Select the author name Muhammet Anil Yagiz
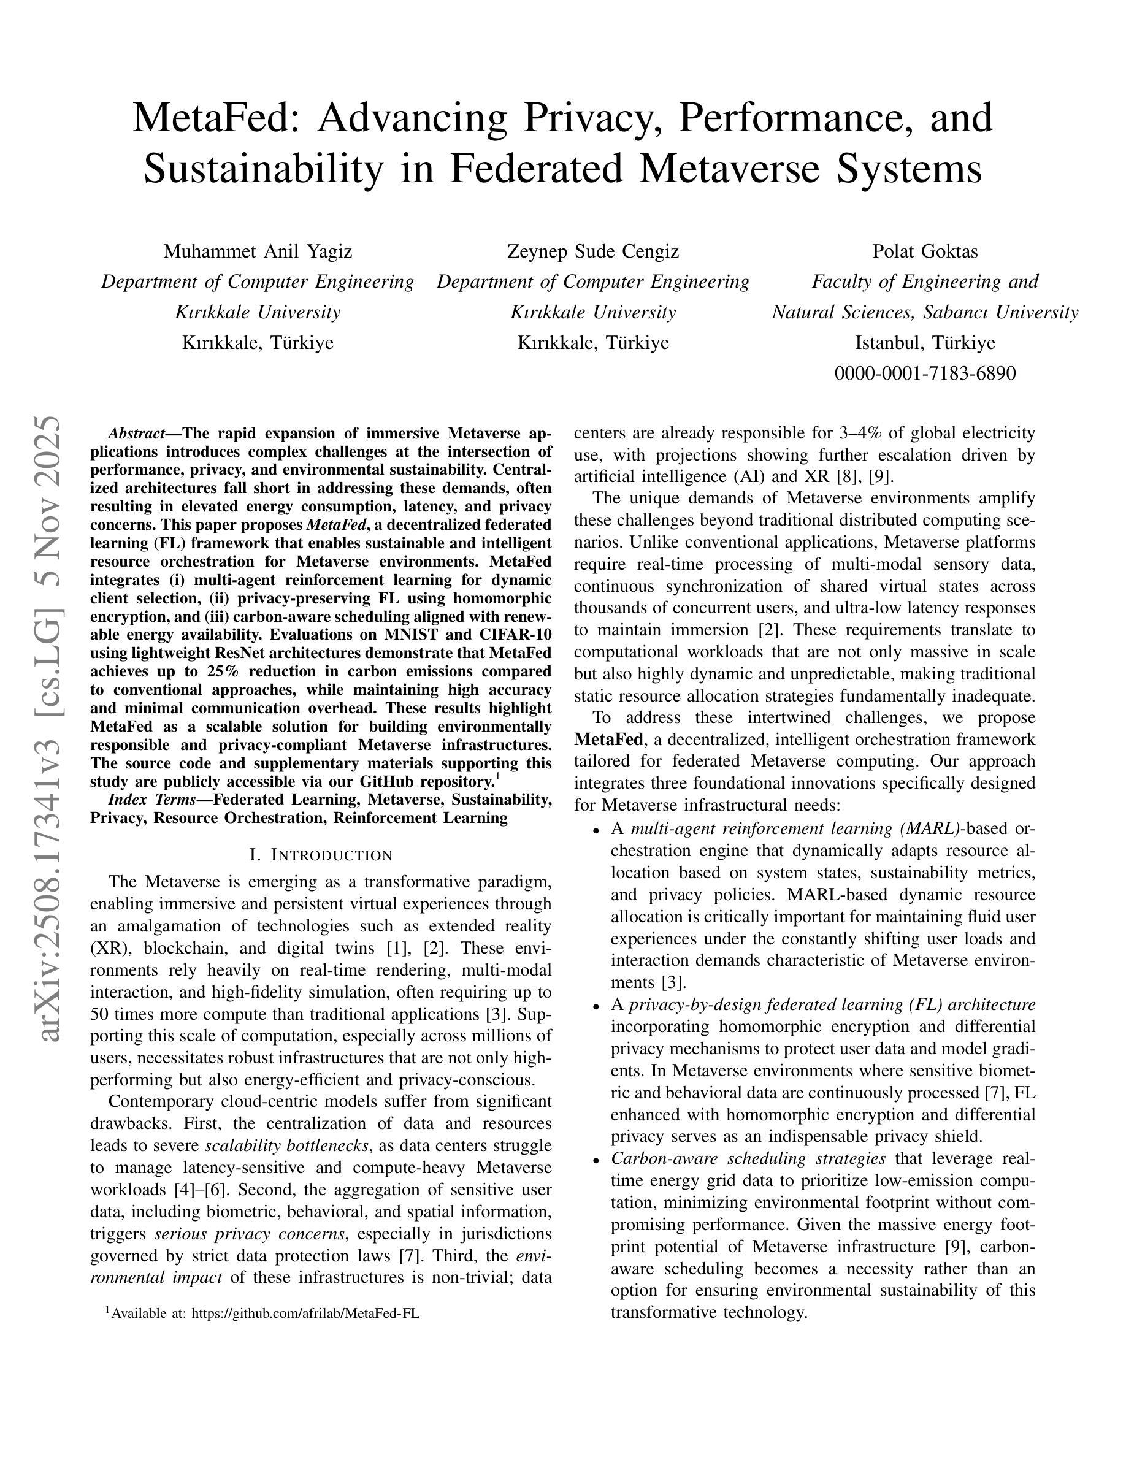click(x=258, y=251)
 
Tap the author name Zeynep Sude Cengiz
click(x=593, y=251)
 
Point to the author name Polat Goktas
click(x=925, y=251)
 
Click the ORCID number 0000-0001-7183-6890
click(x=925, y=373)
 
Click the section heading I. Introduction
click(x=321, y=855)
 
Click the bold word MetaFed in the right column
click(x=608, y=739)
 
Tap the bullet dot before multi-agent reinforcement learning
click(x=596, y=830)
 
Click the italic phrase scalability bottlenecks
click(x=287, y=1146)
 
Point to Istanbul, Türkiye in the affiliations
click(x=925, y=343)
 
